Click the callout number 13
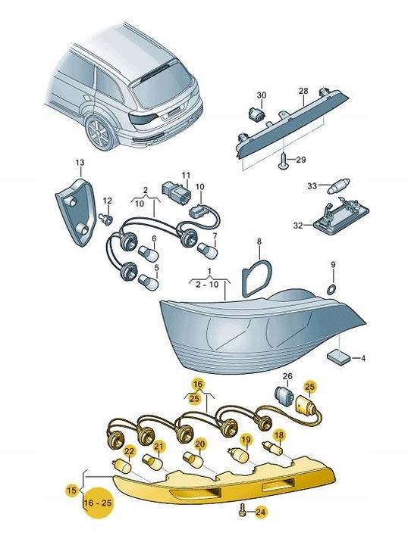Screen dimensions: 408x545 click(80, 162)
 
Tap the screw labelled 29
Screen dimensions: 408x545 click(284, 163)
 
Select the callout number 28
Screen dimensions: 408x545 click(303, 91)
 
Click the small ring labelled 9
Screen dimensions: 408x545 click(331, 288)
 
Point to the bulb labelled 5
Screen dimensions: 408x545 click(149, 282)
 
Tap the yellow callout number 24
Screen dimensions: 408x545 click(259, 512)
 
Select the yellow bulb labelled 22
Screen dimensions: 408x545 click(122, 466)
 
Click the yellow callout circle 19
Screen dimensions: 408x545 click(246, 440)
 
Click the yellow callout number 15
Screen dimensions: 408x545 click(71, 490)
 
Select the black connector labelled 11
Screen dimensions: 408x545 click(176, 192)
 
